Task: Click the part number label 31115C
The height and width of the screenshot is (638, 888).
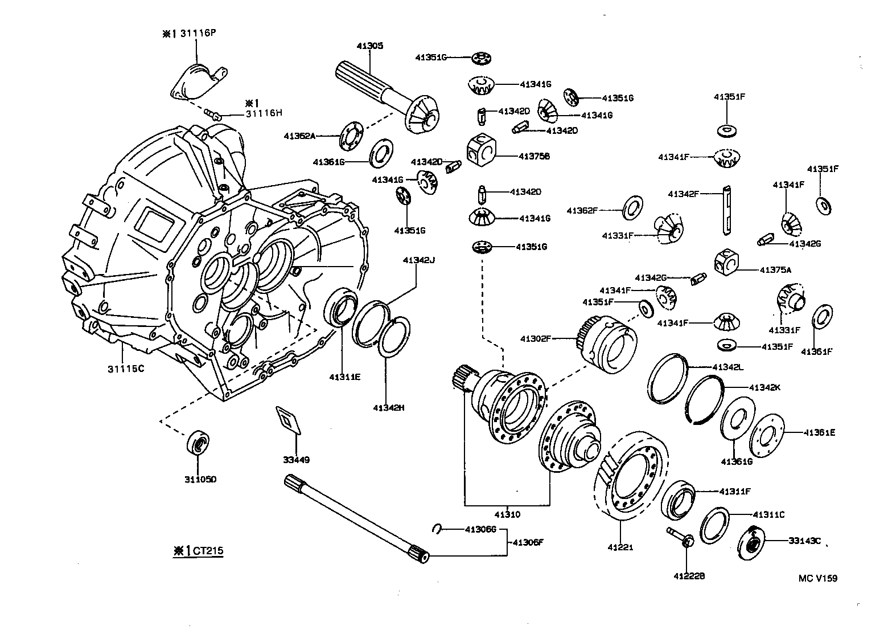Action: (126, 369)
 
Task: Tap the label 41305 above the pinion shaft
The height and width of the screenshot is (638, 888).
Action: (370, 46)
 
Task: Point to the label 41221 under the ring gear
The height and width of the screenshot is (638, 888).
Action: (620, 547)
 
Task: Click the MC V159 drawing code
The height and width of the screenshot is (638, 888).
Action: (817, 578)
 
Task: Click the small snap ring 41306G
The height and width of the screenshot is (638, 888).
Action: (438, 529)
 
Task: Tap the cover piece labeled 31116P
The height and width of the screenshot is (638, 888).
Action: (196, 81)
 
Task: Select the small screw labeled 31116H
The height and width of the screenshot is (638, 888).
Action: (213, 113)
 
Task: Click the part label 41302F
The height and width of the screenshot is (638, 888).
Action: (536, 338)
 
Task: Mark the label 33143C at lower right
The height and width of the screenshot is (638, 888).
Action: (804, 541)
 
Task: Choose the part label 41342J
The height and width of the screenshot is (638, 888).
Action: (418, 260)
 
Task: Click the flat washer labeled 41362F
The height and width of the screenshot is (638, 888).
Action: (632, 209)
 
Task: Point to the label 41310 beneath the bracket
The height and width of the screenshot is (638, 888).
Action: (508, 514)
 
